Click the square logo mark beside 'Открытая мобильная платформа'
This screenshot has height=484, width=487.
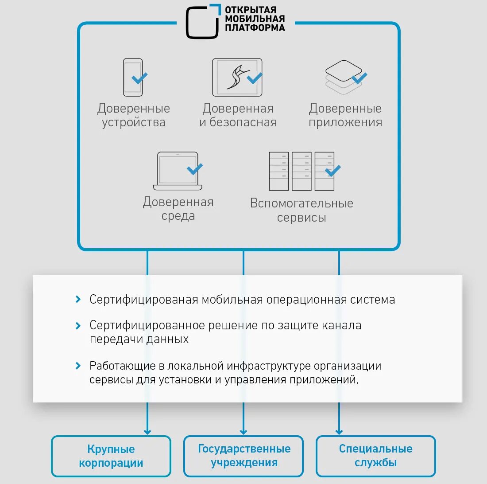(203, 21)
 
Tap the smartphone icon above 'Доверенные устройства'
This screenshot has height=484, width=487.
(132, 77)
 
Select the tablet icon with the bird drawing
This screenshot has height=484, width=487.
(237, 77)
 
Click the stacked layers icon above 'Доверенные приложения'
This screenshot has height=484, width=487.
(343, 76)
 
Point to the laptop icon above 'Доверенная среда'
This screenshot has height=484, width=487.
(178, 171)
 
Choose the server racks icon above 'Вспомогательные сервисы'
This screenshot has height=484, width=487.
(301, 171)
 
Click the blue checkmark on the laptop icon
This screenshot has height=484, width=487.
(194, 169)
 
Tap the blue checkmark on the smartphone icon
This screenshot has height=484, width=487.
(140, 78)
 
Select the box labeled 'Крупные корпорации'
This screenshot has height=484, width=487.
(111, 456)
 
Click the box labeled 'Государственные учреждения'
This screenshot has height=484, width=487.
(243, 456)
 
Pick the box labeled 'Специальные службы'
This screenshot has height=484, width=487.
(375, 456)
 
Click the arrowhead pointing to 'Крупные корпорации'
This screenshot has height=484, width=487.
(147, 431)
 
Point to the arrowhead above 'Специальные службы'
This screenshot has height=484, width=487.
(339, 431)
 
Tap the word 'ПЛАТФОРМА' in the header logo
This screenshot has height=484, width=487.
(255, 27)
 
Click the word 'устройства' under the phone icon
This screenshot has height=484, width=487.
(134, 123)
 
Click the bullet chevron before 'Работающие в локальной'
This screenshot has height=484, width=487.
(78, 366)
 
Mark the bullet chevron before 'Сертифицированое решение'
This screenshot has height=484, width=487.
(78, 326)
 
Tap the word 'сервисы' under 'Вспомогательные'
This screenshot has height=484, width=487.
(301, 218)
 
